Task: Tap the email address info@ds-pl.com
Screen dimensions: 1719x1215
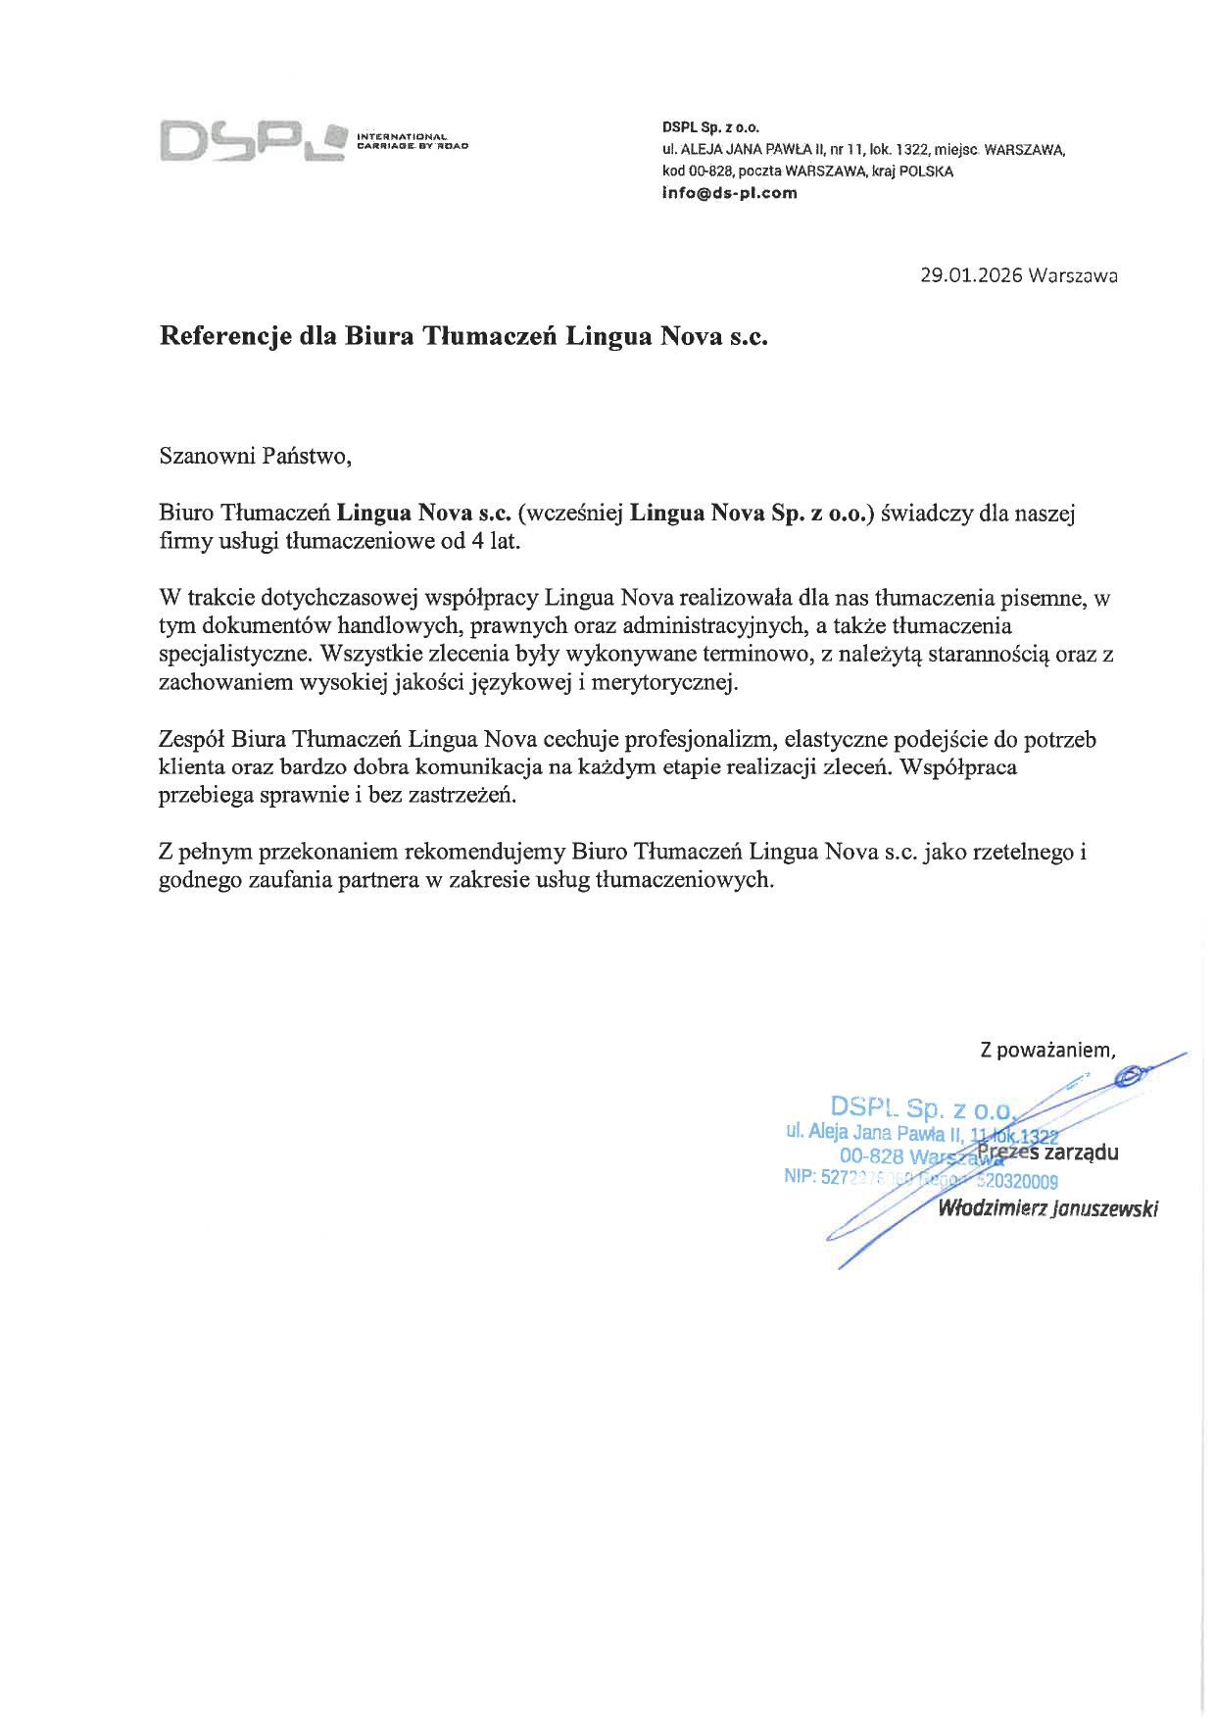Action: click(x=730, y=193)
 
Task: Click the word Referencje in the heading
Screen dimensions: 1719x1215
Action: click(x=224, y=337)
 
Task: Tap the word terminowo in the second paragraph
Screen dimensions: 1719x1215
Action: click(x=760, y=654)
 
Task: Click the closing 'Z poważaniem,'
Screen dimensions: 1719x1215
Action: click(x=1047, y=1050)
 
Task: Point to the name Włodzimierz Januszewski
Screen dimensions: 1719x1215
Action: click(x=1047, y=1208)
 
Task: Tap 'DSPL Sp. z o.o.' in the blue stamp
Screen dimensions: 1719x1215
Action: click(x=921, y=1108)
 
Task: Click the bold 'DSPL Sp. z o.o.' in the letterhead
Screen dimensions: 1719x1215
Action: click(x=710, y=127)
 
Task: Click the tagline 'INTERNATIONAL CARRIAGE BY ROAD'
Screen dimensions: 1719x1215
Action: click(x=413, y=140)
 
